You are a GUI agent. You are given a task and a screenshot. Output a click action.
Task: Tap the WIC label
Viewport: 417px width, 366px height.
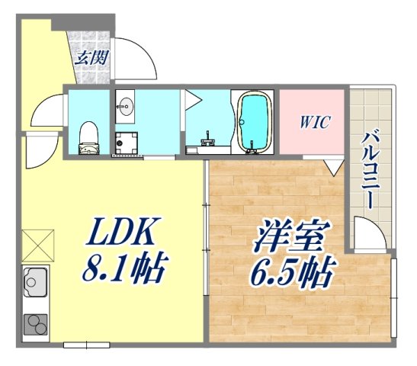coord(313,122)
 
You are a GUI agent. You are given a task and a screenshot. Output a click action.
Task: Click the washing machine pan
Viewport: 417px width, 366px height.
coord(126,143)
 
